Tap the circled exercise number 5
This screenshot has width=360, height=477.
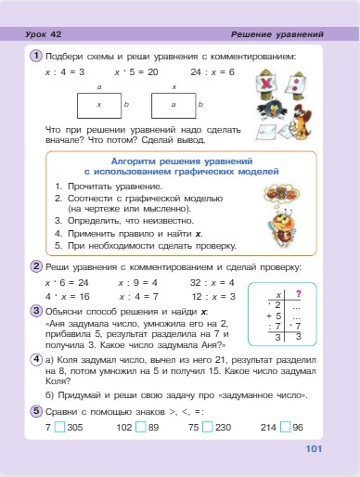34,409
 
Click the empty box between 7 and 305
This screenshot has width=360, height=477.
58,427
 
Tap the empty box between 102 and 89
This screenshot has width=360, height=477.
139,427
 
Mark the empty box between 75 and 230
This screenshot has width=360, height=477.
207,427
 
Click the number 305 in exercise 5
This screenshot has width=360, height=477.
75,427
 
